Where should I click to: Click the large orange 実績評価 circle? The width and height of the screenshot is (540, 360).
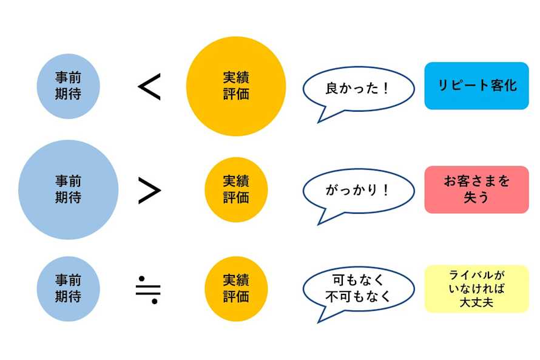pyautogui.click(x=235, y=86)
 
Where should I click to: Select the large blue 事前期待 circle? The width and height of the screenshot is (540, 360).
pyautogui.click(x=68, y=189)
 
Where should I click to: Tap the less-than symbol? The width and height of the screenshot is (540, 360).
pyautogui.click(x=149, y=87)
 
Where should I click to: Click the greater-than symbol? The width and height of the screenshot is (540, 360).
pyautogui.click(x=149, y=191)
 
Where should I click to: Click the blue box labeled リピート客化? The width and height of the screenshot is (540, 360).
pyautogui.click(x=476, y=86)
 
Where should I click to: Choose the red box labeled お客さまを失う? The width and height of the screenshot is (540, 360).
pyautogui.click(x=476, y=189)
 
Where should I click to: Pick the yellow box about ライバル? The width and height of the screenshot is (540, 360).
pyautogui.click(x=476, y=288)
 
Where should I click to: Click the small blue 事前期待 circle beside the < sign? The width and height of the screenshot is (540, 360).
pyautogui.click(x=68, y=86)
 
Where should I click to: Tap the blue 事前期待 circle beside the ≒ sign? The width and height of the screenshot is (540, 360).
pyautogui.click(x=68, y=288)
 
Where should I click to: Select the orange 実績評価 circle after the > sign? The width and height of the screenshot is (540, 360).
pyautogui.click(x=235, y=189)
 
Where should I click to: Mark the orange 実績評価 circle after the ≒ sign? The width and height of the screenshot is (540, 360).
pyautogui.click(x=235, y=288)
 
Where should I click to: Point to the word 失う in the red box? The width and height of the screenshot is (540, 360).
pyautogui.click(x=476, y=197)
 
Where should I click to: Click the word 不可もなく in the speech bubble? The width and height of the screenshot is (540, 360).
pyautogui.click(x=357, y=297)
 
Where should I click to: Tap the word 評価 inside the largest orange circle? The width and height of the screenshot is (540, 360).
pyautogui.click(x=235, y=94)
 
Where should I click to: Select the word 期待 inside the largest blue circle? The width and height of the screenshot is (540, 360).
pyautogui.click(x=68, y=197)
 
